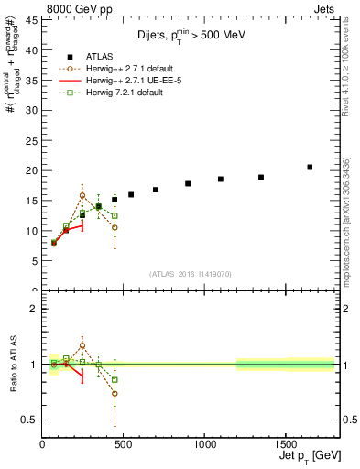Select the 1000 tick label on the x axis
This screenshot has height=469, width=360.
click(203, 446)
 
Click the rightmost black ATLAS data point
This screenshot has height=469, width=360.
click(310, 167)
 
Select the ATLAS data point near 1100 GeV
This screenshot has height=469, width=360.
click(221, 180)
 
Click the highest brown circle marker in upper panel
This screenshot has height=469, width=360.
click(82, 195)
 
